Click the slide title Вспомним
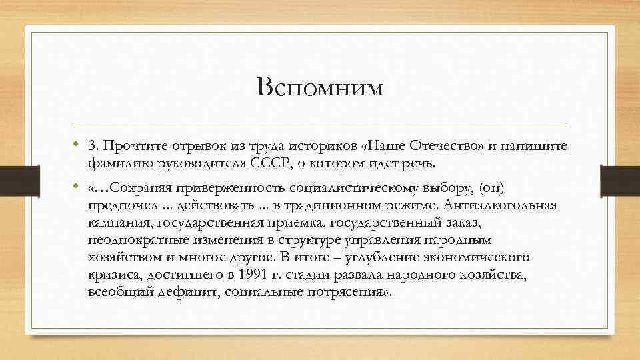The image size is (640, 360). [320, 88]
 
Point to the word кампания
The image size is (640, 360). [117, 222]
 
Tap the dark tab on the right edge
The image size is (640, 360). [620, 178]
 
